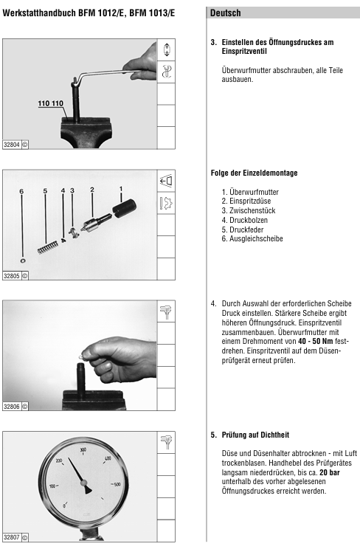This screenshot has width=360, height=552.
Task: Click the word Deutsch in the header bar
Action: pos(226,13)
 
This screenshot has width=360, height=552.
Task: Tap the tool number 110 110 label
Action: pos(51,103)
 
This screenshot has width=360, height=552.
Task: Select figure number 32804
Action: pos(12,145)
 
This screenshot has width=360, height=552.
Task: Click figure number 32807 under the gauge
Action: pos(12,537)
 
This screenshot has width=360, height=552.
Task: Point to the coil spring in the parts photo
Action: pos(47,246)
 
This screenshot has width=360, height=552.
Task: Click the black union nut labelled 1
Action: pos(124,208)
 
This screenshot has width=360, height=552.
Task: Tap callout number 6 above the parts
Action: pos(21,191)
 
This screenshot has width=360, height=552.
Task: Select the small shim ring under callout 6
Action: pos(23,261)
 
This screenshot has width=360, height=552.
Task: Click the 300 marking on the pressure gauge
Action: pos(83,449)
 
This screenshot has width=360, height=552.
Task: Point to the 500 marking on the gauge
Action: pos(117,484)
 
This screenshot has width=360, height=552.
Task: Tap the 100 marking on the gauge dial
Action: pos(52,486)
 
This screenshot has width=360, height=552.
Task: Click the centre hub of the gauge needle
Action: pos(84,483)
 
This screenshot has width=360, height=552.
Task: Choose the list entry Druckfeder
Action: pos(243,230)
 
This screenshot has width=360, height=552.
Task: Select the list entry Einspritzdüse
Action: pos(246,201)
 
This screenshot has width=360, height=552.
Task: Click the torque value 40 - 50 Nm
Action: pos(315,341)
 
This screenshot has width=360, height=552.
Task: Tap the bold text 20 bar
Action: pos(330,472)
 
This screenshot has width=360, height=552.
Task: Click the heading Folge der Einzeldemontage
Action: pos(254,173)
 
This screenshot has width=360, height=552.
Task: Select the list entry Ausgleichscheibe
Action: pos(252,238)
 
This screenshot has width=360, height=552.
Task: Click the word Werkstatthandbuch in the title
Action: pos(39,13)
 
